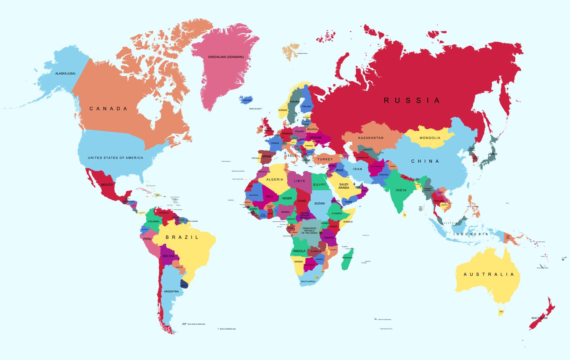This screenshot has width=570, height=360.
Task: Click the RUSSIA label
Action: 411,101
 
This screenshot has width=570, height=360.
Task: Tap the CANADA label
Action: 108,109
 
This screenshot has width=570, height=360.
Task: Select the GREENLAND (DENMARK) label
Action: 226,57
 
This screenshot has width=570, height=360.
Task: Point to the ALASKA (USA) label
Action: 65,74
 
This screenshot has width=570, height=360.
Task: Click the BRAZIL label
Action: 182,237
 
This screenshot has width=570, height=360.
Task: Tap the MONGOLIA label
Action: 430,138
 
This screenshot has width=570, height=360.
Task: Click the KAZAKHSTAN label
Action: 371,138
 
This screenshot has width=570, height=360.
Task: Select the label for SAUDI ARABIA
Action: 344,186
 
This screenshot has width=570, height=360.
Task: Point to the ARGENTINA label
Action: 171,292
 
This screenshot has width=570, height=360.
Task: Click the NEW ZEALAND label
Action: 539,318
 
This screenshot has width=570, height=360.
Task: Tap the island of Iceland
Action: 246,100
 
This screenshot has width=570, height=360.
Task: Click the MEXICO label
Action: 107,185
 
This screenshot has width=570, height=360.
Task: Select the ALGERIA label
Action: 274,180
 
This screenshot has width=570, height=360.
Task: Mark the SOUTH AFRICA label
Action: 308,281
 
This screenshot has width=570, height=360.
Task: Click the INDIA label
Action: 401,190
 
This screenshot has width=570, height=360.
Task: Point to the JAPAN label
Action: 492,154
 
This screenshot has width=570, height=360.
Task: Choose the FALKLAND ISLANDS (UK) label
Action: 196,324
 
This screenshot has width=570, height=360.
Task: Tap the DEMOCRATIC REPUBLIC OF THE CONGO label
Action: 309,231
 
